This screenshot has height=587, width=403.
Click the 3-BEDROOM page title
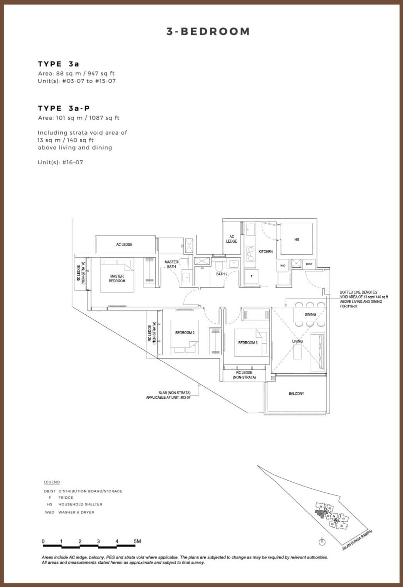pos(208,32)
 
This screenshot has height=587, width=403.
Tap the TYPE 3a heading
pos(58,64)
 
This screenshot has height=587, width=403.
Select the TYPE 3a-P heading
pos(64,108)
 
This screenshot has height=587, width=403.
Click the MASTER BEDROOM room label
pos(117,278)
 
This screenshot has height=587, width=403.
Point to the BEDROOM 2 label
pos(185,332)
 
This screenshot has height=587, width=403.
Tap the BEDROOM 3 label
pos(247,342)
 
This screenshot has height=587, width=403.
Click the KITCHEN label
pos(265,251)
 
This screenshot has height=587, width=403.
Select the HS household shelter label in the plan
pos(296,240)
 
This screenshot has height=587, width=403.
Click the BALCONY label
pos(296,393)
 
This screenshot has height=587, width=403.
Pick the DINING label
pos(310,314)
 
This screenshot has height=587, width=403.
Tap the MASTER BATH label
pos(171,264)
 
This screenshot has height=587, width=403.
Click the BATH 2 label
pos(221,274)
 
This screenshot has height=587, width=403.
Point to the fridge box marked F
pos(251,276)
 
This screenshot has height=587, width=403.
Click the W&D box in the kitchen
pos(282,265)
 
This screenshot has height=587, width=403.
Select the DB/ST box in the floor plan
pos(309,264)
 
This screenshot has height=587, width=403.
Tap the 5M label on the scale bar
pos(137,541)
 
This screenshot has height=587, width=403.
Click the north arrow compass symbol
pos(322,542)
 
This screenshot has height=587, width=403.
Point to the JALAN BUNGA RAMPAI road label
pos(357,540)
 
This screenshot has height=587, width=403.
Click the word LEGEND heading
pos(52,482)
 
